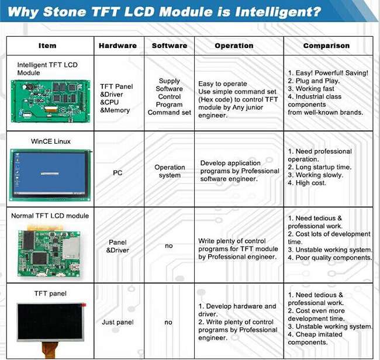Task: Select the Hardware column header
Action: pyautogui.click(x=118, y=46)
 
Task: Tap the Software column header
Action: pyautogui.click(x=170, y=46)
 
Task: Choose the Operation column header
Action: pyautogui.click(x=234, y=46)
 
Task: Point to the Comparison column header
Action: pyautogui.click(x=326, y=46)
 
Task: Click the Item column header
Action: pyautogui.click(x=47, y=46)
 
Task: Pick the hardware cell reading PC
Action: pyautogui.click(x=118, y=173)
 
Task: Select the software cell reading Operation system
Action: pyautogui.click(x=170, y=171)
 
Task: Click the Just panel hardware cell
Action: pyautogui.click(x=118, y=322)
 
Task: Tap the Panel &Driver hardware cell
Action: pyautogui.click(x=118, y=246)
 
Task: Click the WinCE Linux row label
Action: pyautogui.click(x=51, y=141)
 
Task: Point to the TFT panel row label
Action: pyautogui.click(x=50, y=293)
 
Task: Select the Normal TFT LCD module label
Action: pyautogui.click(x=50, y=216)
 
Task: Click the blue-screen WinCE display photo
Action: pyautogui.click(x=51, y=175)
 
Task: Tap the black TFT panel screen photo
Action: pyautogui.click(x=51, y=322)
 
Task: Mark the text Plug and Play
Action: pyautogui.click(x=317, y=81)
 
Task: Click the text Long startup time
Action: pyautogui.click(x=323, y=167)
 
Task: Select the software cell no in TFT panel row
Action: pyautogui.click(x=168, y=322)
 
